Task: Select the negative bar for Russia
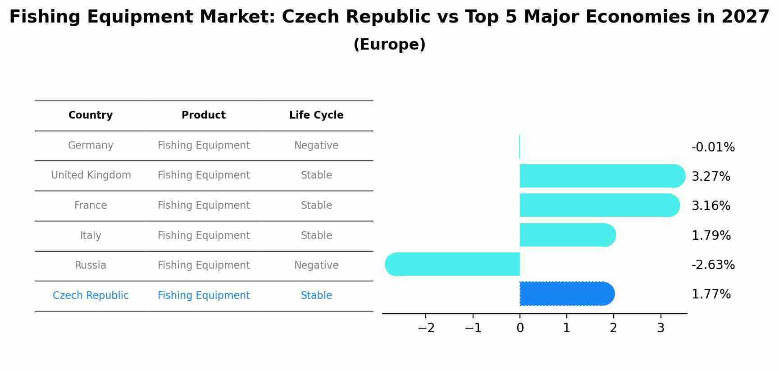point(453,264)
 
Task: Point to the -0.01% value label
point(713,147)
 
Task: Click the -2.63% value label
point(713,265)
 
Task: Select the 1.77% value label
point(711,294)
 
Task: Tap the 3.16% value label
point(711,206)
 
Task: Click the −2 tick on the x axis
point(426,328)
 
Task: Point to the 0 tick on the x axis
point(520,328)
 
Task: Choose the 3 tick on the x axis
point(661,328)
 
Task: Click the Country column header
point(91,115)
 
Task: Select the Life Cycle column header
point(316,115)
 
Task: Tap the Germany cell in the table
point(91,146)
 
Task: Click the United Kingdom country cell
point(91,175)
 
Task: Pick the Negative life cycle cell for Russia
point(316,266)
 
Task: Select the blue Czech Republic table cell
point(91,296)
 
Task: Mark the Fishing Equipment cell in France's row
point(204,206)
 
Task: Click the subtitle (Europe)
point(389,45)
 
